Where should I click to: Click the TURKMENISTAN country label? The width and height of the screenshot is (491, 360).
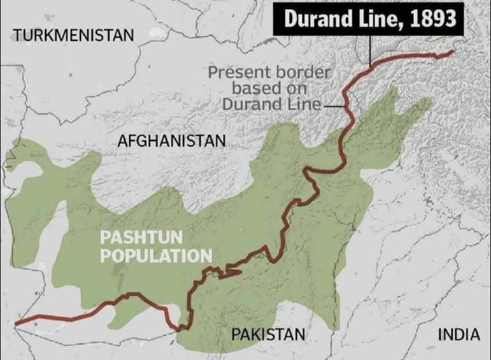point(73,35)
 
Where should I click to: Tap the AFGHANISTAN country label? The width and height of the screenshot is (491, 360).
point(172,141)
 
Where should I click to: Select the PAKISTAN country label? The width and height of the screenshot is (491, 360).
point(268,334)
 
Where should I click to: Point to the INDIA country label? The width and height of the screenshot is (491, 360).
point(458,334)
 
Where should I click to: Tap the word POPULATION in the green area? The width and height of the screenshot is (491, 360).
point(156,255)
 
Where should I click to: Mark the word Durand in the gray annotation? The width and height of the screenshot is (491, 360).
point(246,104)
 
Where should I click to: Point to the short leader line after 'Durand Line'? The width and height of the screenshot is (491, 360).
point(334,105)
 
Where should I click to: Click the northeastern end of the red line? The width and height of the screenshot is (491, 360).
point(453,52)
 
